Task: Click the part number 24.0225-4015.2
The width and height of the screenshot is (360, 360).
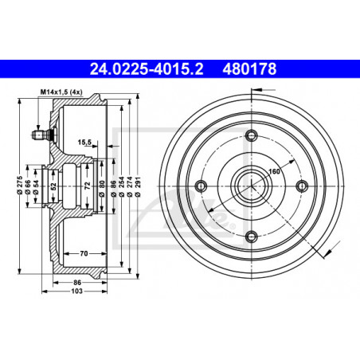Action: pos(147,69)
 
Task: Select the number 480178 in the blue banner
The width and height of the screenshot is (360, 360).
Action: pos(249,69)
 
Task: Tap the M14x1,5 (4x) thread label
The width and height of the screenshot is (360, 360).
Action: pos(61,92)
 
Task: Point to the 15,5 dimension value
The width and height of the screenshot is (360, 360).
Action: pos(84,143)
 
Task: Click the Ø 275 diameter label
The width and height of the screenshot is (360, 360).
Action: pos(19,185)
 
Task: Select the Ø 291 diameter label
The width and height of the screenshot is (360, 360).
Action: pos(138,186)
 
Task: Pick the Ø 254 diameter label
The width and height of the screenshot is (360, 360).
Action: pos(122,186)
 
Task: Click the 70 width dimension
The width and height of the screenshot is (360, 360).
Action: pos(84,253)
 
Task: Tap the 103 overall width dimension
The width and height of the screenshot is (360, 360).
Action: pos(77,292)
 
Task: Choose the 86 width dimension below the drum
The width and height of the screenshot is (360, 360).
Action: pos(77,283)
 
